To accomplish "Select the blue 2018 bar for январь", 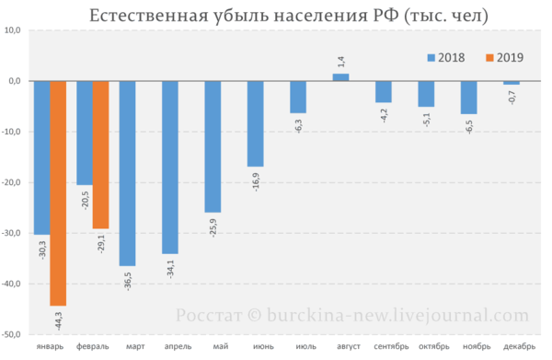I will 42,157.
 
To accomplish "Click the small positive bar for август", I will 340,77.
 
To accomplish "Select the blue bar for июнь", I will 256,123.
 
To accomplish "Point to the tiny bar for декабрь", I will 512,83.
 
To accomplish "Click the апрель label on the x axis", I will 178,346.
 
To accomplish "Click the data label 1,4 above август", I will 341,62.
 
